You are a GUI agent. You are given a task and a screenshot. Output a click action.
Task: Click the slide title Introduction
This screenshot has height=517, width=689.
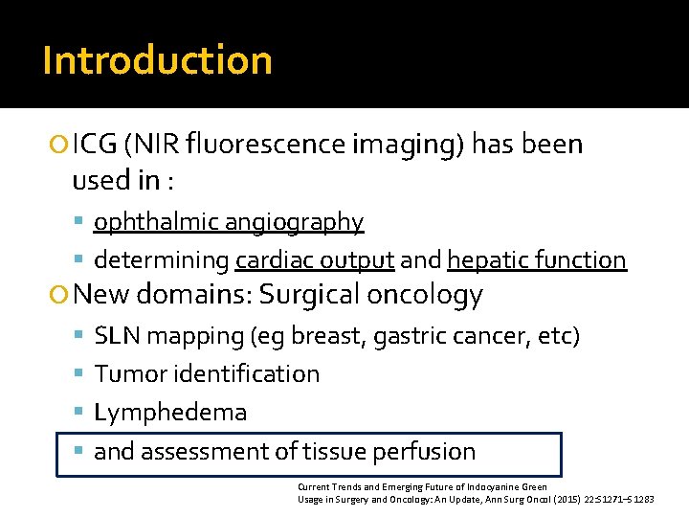pos(158,59)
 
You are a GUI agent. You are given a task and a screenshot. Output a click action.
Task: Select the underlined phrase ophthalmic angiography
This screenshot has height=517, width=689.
pos(229,222)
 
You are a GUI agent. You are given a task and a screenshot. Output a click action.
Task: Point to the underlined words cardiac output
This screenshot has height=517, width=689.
pos(315,259)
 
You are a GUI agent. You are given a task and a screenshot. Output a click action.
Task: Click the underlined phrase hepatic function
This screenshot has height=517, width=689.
pos(536,259)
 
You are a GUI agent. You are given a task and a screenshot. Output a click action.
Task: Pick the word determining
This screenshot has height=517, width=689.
pos(161,259)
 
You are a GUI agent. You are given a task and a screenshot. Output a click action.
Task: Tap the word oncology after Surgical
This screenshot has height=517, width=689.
pos(425,295)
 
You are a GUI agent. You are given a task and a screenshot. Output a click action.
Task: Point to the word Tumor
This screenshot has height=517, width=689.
pos(126,373)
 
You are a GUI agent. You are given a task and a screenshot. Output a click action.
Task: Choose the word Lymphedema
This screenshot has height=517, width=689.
pos(170,413)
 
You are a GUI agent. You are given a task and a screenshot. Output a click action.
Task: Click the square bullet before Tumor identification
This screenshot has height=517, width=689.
pos(79,374)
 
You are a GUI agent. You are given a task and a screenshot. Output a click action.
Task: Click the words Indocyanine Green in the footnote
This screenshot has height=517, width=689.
pos(515,487)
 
